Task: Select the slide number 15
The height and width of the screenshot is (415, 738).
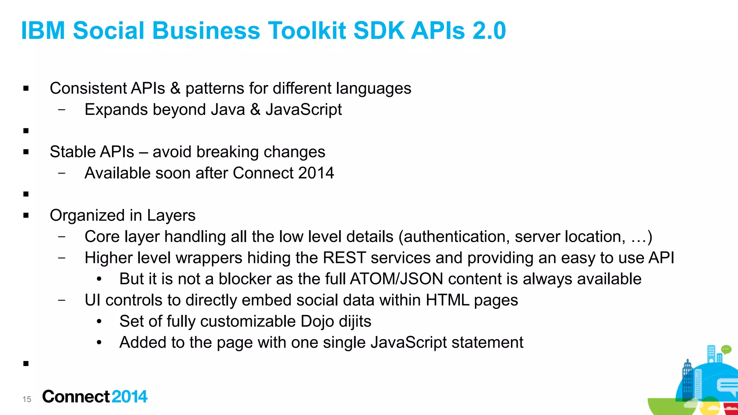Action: click(27, 399)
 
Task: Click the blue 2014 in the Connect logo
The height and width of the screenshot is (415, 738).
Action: click(129, 397)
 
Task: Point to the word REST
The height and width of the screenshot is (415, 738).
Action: click(344, 258)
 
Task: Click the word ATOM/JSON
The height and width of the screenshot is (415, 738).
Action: click(396, 279)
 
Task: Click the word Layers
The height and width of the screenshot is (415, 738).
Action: click(171, 215)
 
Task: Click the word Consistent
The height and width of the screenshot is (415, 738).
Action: click(88, 89)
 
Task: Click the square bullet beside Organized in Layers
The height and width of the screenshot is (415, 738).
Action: click(26, 215)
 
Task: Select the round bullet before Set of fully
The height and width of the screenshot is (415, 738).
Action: click(99, 321)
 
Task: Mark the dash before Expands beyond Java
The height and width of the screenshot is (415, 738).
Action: click(62, 110)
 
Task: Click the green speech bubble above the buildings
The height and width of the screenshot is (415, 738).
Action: click(726, 349)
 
